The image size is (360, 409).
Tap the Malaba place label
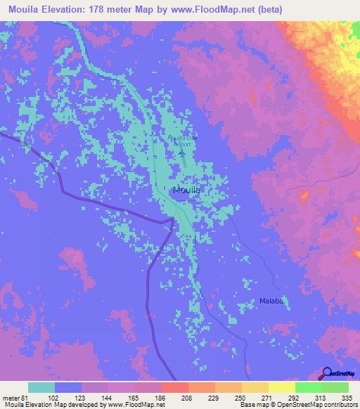[x=267, y=302]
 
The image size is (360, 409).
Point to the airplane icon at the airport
[x=182, y=151]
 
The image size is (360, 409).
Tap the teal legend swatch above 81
[x=41, y=387]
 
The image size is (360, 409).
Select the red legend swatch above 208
[x=174, y=387]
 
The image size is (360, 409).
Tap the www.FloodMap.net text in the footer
[x=138, y=405]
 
